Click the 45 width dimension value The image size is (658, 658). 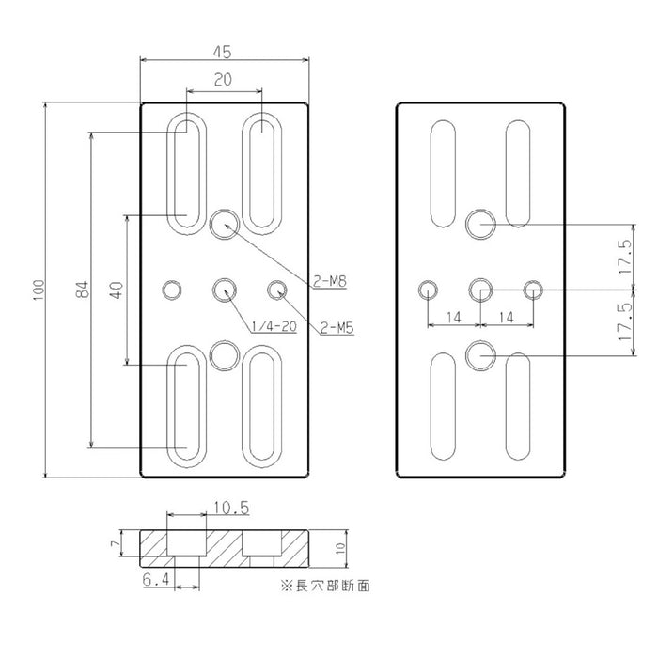coord(223,52)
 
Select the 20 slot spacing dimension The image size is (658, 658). coord(223,79)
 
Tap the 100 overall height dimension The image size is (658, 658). coord(39,290)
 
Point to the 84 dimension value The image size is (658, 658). coord(83,290)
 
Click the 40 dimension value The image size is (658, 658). coord(117,290)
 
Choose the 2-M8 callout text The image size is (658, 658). coord(330,281)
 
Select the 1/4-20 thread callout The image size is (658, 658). coord(274,326)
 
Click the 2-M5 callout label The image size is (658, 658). coord(337,328)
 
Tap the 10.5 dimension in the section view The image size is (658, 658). coord(231,508)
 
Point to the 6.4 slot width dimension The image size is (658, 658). coord(156,580)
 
